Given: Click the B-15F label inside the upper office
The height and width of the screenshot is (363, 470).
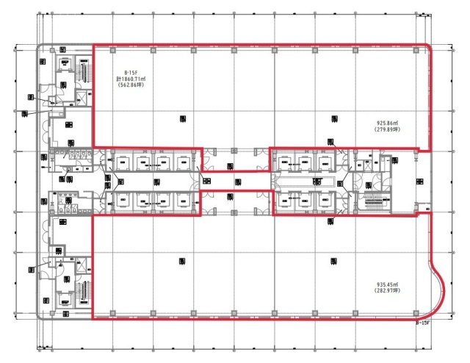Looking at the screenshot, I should point(132,71).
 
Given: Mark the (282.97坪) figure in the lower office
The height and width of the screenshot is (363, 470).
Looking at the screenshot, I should point(386,292).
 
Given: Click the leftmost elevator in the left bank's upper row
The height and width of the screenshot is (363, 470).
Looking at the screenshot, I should point(123,162).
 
